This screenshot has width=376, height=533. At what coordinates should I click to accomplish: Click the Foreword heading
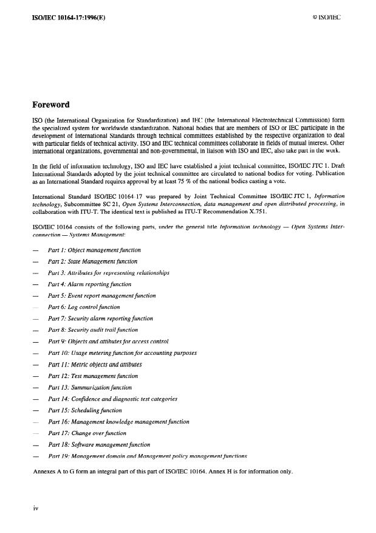(55, 105)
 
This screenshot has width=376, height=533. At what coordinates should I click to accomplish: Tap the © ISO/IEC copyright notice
(324, 18)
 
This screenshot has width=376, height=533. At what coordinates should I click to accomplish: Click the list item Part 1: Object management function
(94, 250)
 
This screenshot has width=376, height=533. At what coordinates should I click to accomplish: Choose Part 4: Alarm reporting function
(89, 284)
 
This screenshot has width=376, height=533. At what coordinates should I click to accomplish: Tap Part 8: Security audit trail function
(93, 330)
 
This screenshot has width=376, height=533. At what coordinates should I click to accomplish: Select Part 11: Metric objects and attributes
(94, 365)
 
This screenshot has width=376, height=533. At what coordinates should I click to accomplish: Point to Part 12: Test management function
(93, 376)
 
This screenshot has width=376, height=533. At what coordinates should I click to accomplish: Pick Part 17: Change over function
(87, 433)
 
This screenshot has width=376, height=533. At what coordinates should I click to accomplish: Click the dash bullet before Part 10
(36, 353)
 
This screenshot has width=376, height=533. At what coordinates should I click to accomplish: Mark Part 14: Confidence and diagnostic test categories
(112, 399)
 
